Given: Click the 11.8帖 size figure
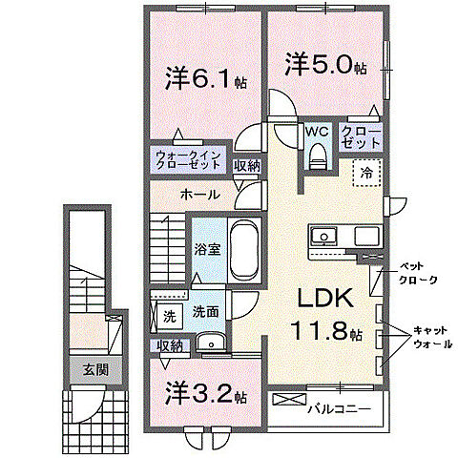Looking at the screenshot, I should [324, 333].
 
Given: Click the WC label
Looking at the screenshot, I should [317, 133].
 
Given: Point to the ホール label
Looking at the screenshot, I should [199, 195].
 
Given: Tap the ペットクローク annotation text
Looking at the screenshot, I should [418, 273].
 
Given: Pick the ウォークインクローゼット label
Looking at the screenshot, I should [188, 160].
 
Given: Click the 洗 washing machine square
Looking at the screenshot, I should [169, 313].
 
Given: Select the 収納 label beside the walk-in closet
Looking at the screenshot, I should [246, 166].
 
